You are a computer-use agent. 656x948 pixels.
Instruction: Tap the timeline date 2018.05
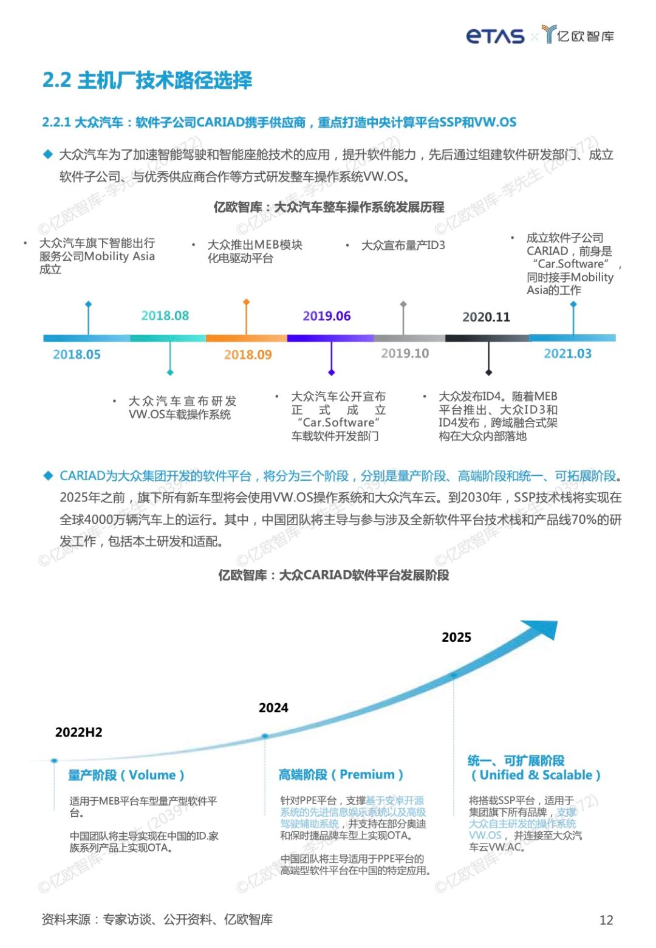coord(77,355)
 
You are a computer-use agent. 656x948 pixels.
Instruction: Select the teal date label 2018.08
coord(165,316)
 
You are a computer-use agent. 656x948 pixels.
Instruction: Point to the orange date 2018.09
coord(248,355)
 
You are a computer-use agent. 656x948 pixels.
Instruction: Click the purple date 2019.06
coord(327,316)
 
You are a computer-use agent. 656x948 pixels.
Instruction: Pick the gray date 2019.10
coord(405,354)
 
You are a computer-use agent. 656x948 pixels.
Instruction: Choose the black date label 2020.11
coord(487,317)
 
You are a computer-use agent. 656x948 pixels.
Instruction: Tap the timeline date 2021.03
coord(567,354)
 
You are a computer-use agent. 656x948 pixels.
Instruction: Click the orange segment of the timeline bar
coord(246,338)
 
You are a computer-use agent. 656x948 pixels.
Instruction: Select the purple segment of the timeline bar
coord(330,338)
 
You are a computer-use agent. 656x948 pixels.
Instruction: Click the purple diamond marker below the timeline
coord(332,373)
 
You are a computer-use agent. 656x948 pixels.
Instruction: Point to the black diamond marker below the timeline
coord(488,373)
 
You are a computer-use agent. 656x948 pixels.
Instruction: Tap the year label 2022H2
coord(79,733)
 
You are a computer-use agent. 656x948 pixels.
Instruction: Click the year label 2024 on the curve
coord(273,708)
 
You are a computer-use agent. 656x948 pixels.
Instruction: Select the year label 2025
coord(456,637)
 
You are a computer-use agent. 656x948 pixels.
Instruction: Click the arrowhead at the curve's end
coord(541,629)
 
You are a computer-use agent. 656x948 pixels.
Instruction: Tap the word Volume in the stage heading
coord(152,775)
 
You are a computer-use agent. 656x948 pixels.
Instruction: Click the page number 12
coord(606,920)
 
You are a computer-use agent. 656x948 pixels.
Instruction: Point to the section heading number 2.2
coord(56,80)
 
